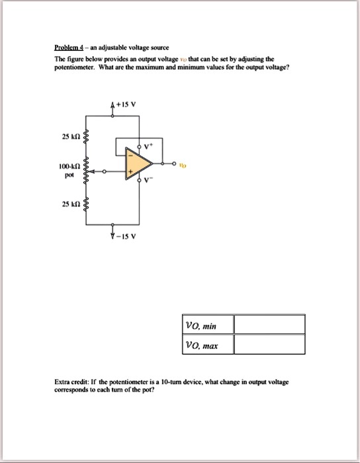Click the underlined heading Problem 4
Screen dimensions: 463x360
[71, 48]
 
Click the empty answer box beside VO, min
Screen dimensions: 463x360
[269, 325]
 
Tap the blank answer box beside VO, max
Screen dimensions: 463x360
[269, 345]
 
